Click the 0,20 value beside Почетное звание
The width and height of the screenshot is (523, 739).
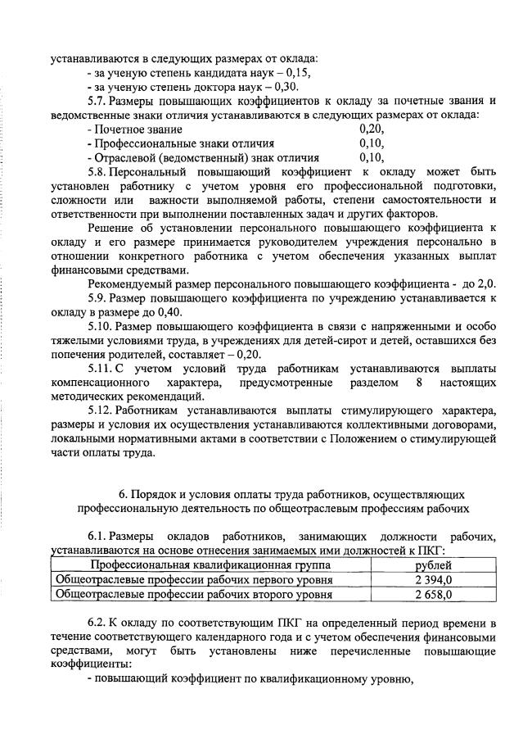[372, 129]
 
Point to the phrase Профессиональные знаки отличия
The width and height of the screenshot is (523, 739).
[170, 143]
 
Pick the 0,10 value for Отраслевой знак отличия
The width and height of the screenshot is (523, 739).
[372, 157]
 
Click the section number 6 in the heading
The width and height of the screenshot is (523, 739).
[123, 495]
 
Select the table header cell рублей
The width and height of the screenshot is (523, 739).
[433, 565]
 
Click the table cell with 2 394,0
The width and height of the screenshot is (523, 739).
[433, 580]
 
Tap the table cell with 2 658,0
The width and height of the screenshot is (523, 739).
[433, 594]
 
